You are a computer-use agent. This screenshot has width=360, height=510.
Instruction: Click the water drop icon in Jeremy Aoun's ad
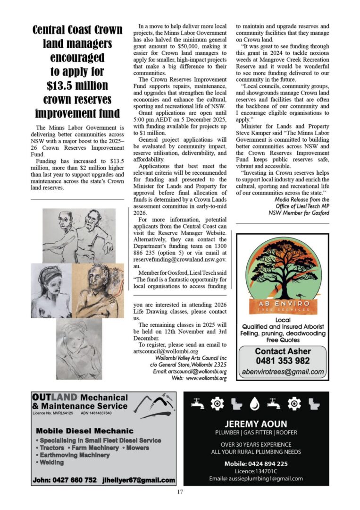255,403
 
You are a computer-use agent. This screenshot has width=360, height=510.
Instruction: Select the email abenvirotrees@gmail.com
283,372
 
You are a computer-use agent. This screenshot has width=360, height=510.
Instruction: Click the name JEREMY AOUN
256,424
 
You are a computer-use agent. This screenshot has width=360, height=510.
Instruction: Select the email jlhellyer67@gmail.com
139,480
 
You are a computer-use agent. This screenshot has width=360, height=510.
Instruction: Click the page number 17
180,493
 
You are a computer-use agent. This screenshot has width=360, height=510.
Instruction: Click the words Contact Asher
283,351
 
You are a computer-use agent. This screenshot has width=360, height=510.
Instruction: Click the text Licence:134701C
256,471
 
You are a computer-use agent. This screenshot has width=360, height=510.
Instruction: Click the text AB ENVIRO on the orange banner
283,303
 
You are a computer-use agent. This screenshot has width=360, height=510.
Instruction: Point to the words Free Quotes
283,340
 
